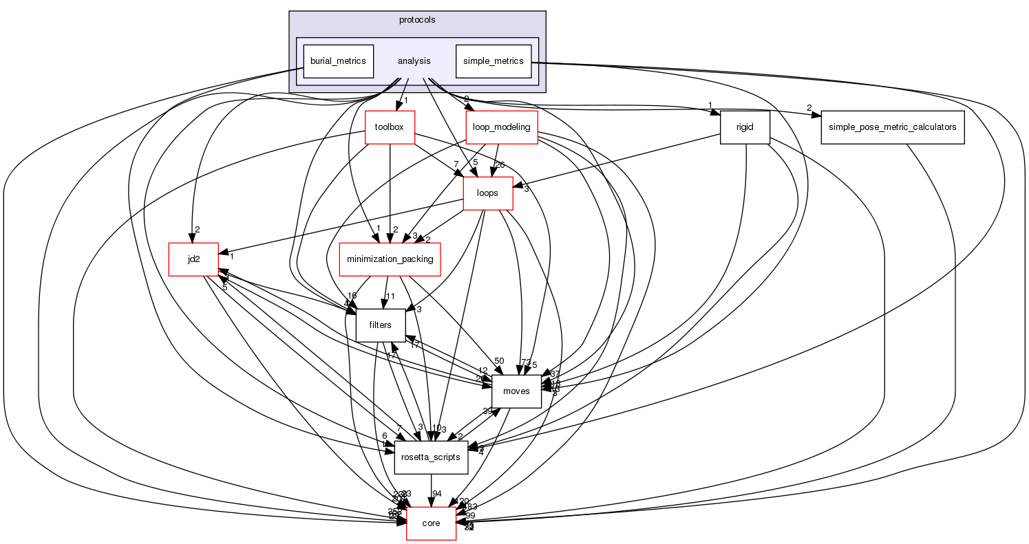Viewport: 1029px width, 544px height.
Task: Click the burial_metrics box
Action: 338,61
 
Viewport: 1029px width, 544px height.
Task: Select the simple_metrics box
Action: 493,61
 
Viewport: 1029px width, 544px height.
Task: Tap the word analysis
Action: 414,61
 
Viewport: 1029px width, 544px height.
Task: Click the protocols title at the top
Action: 417,19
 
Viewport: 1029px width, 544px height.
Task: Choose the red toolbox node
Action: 390,127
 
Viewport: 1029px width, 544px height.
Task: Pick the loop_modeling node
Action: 502,127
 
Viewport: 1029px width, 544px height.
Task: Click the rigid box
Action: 744,127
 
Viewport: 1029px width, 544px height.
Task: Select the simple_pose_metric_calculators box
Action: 892,127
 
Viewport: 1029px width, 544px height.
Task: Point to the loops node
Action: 487,193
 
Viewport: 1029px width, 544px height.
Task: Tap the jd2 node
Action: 193,259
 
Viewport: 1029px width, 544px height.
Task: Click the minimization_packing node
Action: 390,259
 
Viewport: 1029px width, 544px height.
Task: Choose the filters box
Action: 380,325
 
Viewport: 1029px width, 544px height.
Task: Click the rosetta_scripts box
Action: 431,457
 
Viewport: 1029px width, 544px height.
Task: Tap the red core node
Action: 431,523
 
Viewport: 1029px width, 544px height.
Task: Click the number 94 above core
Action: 437,494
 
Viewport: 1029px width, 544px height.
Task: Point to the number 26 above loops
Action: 500,164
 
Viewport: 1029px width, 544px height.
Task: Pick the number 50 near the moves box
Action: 500,361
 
